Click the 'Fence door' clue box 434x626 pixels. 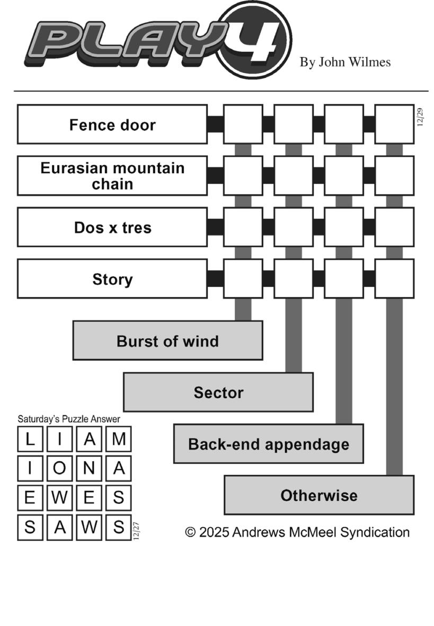pos(112,124)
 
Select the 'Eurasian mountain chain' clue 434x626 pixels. pos(112,176)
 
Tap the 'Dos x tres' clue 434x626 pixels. pos(112,227)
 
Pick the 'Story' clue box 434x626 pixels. pos(112,279)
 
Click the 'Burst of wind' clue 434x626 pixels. pos(167,341)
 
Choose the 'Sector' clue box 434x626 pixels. pos(218,392)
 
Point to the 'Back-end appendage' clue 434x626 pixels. pos(269,444)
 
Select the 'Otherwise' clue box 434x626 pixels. pos(319,496)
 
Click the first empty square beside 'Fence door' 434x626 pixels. pos(243,124)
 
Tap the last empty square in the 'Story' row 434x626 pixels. pos(394,279)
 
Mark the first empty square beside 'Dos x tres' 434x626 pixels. pos(243,227)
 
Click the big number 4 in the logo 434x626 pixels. pos(258,40)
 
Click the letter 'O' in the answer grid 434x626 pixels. pos(60,468)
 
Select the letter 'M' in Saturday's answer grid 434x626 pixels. pos(119,439)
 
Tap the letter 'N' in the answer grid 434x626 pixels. pos(90,468)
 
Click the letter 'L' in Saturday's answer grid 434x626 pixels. pos(31,439)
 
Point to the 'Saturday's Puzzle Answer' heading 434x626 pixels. pos(69,419)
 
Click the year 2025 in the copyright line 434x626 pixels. pos(214,532)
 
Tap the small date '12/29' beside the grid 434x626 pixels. pos(420,117)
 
